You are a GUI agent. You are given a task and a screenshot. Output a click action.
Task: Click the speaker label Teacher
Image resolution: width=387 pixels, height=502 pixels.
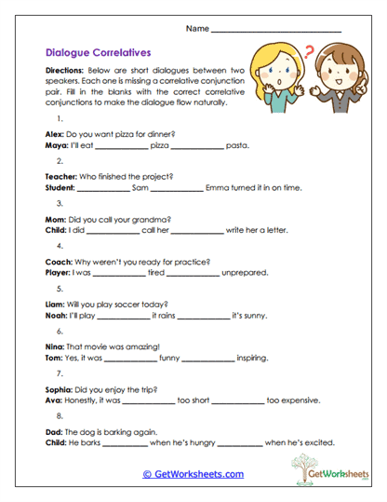60,176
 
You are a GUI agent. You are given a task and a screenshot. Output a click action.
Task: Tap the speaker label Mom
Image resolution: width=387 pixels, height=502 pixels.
55,218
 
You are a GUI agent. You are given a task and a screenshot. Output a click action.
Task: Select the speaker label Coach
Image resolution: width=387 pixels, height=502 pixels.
59,261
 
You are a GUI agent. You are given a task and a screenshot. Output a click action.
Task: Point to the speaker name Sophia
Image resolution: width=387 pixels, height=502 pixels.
60,388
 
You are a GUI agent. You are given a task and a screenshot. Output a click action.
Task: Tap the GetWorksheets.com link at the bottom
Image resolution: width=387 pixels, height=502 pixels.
193,474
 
